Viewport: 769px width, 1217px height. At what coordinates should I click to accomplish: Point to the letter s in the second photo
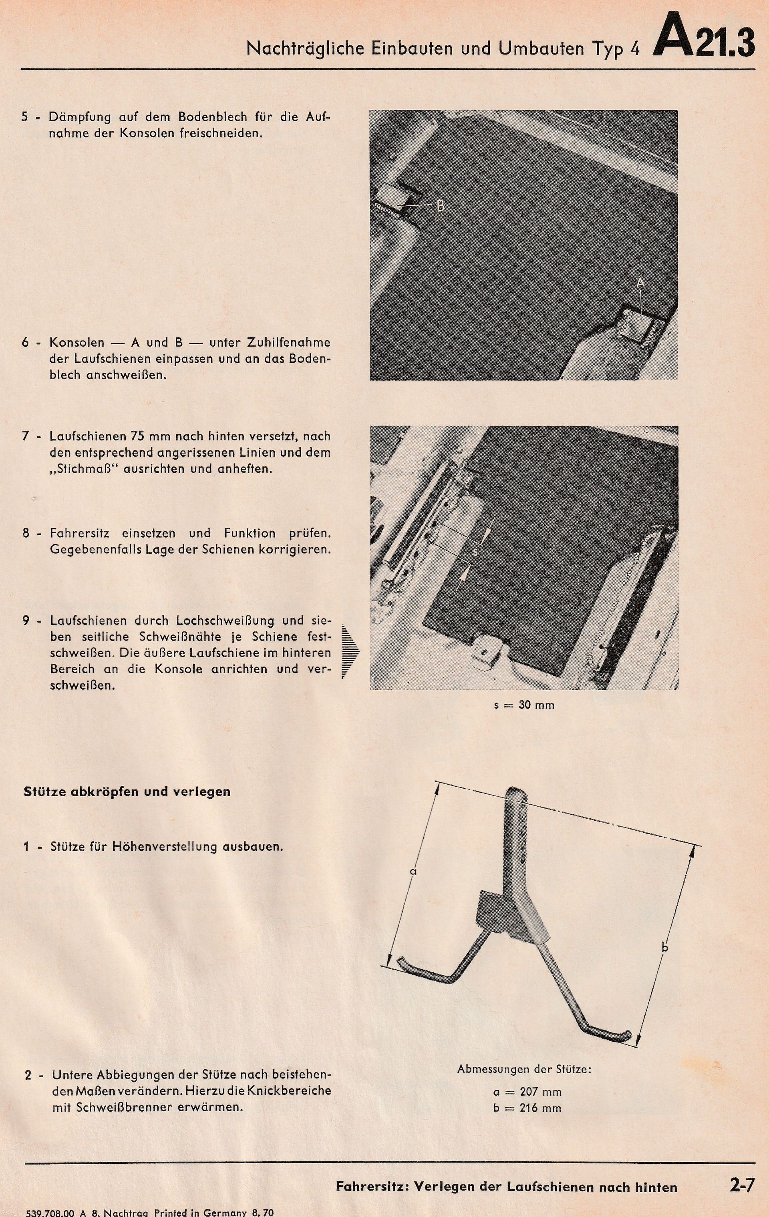click(474, 552)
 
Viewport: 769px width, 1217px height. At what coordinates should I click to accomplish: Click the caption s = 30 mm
click(524, 705)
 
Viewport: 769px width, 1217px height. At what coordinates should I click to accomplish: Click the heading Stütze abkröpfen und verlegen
click(127, 791)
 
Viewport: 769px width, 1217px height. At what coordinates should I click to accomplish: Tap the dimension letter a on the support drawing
click(413, 871)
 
